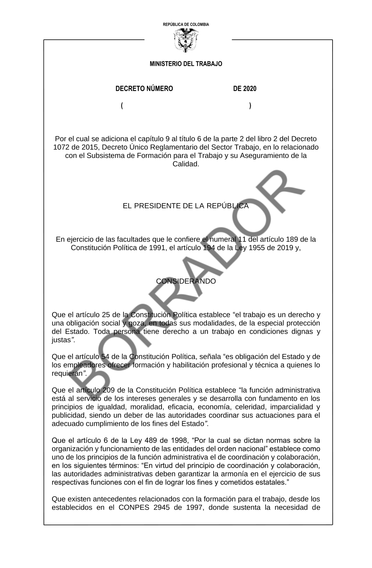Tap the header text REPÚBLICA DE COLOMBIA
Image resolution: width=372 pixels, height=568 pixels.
[x=186, y=25]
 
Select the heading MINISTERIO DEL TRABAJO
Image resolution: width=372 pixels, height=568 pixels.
[x=186, y=64]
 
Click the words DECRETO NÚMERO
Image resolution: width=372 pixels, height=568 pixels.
[x=144, y=89]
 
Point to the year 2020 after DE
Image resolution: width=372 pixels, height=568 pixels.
[x=250, y=89]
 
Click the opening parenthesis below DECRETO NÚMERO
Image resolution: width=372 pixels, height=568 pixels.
[x=122, y=106]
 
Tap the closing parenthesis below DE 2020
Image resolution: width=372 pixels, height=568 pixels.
[x=250, y=106]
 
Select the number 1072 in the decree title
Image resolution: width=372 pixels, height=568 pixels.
[x=61, y=147]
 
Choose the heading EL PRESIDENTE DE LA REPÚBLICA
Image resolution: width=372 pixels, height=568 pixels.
[x=186, y=206]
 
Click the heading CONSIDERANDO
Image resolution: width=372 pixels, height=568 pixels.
[x=186, y=281]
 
